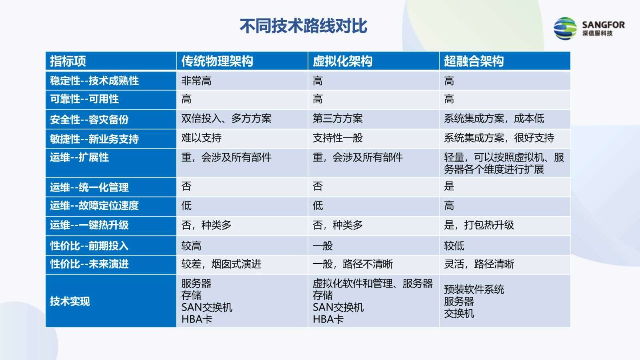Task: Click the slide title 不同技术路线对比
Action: [303, 26]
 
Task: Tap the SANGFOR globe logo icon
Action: [565, 28]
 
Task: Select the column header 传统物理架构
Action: [217, 61]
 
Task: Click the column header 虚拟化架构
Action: [342, 61]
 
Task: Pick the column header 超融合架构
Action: [474, 61]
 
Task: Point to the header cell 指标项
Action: [68, 61]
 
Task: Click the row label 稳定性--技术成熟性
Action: [94, 81]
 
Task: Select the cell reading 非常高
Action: [196, 81]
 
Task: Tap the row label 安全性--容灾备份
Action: [89, 120]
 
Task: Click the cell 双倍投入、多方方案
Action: [226, 118]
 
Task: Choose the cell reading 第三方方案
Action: [338, 118]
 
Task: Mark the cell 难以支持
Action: [201, 138]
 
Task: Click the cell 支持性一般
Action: [338, 138]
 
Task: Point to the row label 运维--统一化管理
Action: [89, 188]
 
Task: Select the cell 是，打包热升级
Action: [479, 225]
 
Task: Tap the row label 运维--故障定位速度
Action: [94, 206]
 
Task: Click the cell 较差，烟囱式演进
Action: [221, 264]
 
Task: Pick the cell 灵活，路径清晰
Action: [479, 264]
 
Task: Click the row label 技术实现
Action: [70, 301]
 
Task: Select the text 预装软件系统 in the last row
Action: [474, 290]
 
